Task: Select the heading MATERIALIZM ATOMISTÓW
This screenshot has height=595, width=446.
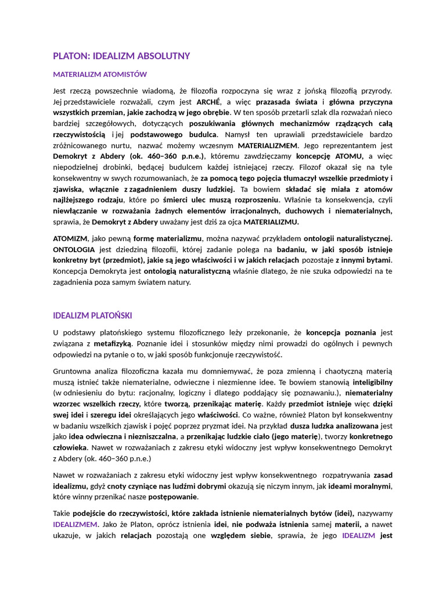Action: (100, 74)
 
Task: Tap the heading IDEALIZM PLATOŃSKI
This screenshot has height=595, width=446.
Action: (92, 316)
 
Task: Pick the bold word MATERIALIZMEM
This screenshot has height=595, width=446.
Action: (268, 145)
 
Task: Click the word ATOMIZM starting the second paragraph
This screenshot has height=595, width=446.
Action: (70, 238)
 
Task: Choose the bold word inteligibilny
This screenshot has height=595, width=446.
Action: (369, 382)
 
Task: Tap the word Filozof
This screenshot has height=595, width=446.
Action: (312, 167)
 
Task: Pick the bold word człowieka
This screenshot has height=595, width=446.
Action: (70, 447)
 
